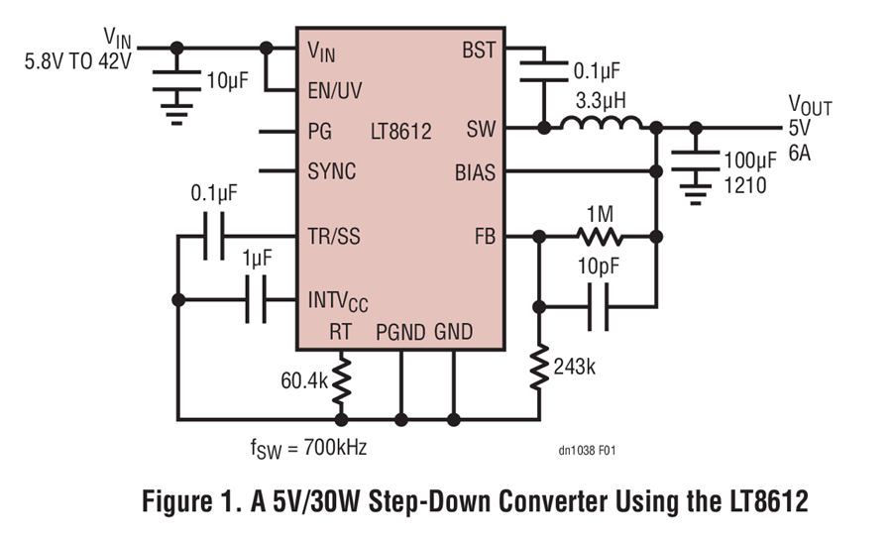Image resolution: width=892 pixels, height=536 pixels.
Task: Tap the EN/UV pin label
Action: [x=335, y=90]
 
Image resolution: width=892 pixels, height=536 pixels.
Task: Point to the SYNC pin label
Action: [x=332, y=170]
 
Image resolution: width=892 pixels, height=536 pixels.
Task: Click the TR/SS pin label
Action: [x=335, y=237]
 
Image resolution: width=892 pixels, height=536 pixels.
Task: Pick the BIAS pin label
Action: [x=475, y=170]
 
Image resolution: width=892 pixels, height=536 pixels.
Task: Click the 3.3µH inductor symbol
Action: [x=602, y=123]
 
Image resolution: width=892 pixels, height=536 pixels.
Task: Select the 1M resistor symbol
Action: [x=601, y=237]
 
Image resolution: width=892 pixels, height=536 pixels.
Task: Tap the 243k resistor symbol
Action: [x=539, y=367]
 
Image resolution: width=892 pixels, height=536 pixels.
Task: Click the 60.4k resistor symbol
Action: [x=341, y=378]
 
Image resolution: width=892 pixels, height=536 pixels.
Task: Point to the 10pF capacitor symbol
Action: [x=599, y=307]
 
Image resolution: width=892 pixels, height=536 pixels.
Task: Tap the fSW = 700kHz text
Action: [x=309, y=448]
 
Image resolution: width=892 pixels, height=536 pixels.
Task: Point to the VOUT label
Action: [x=810, y=104]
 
